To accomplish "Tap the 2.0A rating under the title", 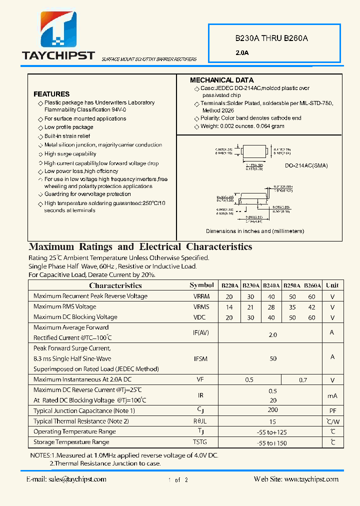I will pos(242,52).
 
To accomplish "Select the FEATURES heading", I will pos(51,94).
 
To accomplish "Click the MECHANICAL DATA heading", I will pos(221,80).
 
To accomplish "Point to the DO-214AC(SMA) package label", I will pos(306,165).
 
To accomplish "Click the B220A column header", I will pos(230,285).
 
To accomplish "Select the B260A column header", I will pos(312,285).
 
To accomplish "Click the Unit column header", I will pos(332,285).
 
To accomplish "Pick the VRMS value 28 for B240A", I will pos(271,307).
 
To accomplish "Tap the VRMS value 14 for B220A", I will pos(230,307).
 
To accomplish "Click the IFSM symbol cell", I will pos(201,359).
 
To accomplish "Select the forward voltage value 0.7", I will pos(303,380).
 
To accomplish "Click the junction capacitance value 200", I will pos(273,410).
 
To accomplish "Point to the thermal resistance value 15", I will pos(273,421).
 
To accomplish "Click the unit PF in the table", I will pos(332,411).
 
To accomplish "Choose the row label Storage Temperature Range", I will pos(71,442).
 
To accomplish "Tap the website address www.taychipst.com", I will pos(311,479).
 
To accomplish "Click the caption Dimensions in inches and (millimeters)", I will pos(255,231).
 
